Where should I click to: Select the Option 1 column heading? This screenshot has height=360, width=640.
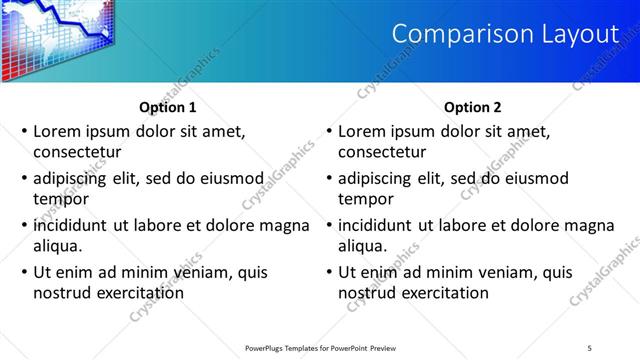[166, 108]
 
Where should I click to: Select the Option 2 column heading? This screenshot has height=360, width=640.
[472, 108]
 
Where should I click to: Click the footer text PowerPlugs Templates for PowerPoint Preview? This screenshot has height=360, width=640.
[321, 348]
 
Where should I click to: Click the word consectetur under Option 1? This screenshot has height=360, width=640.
[77, 152]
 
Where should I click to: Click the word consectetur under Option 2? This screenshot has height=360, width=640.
[382, 152]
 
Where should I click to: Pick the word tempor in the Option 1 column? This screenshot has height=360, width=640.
[59, 199]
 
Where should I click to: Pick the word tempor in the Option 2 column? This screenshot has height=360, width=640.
[364, 199]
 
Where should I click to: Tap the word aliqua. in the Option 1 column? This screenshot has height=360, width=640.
[57, 246]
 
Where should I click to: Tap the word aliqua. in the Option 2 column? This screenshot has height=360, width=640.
[362, 246]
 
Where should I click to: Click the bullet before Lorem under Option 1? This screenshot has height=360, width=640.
[23, 131]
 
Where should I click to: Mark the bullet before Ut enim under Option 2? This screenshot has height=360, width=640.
[328, 272]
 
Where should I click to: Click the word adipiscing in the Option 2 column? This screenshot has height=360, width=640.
[376, 178]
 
